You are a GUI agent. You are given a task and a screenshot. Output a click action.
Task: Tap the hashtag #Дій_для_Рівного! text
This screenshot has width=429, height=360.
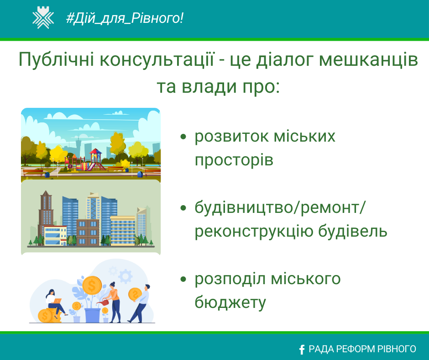125,18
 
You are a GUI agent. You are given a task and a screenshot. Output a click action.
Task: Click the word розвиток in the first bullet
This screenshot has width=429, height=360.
232,136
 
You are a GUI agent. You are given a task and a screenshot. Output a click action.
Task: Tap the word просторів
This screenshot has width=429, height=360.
234,160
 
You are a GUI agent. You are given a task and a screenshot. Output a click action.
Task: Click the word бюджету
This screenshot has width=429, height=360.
230,302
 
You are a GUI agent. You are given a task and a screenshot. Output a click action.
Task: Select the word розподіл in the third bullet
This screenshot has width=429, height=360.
230,279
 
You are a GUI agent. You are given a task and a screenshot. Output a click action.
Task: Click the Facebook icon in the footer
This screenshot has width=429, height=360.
302,349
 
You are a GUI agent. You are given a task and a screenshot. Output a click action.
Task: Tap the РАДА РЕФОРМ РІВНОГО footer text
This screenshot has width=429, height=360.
362,349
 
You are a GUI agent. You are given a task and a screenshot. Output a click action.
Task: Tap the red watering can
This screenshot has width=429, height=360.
103,302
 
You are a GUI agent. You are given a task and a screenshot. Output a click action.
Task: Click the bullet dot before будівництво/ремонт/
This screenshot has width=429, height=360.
183,208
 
